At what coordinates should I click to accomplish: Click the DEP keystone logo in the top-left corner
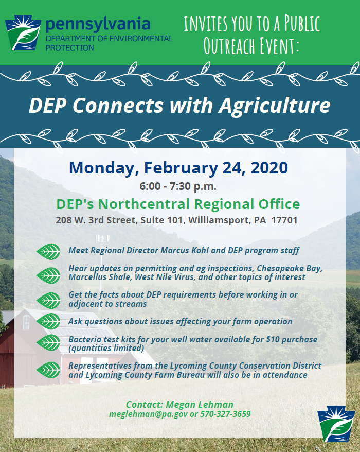[x=23, y=32]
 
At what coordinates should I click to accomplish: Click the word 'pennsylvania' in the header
[x=98, y=25]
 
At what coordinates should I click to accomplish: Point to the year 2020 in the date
[x=269, y=167]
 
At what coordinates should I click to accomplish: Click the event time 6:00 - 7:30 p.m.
[x=178, y=186]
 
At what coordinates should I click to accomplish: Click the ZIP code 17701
[x=284, y=220]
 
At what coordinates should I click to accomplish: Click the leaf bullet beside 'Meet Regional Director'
[x=48, y=251]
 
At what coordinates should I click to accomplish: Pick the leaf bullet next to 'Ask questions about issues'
[x=48, y=321]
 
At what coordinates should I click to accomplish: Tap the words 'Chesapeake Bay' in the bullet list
[x=290, y=269]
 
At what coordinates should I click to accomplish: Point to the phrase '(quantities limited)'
[x=106, y=349]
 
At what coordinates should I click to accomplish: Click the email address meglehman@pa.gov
[x=148, y=414]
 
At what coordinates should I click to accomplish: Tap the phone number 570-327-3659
[x=225, y=414]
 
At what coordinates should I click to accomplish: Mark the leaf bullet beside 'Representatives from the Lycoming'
[x=48, y=370]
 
